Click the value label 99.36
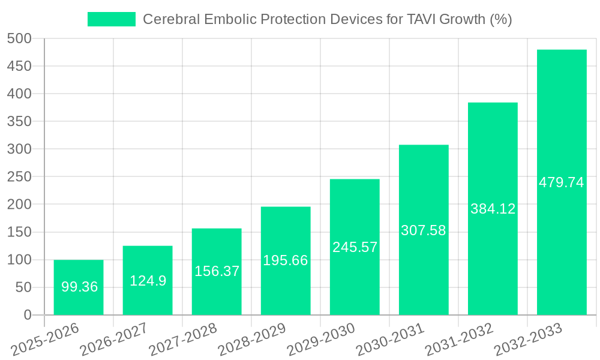click(79, 287)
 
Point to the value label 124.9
click(148, 280)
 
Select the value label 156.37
click(217, 271)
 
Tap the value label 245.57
click(355, 247)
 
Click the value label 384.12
click(493, 209)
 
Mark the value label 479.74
click(562, 182)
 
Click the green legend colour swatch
click(112, 19)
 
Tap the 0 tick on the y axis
click(28, 315)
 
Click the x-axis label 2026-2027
click(115, 340)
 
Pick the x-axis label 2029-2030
click(322, 340)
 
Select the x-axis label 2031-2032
click(460, 340)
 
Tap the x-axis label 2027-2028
click(184, 340)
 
